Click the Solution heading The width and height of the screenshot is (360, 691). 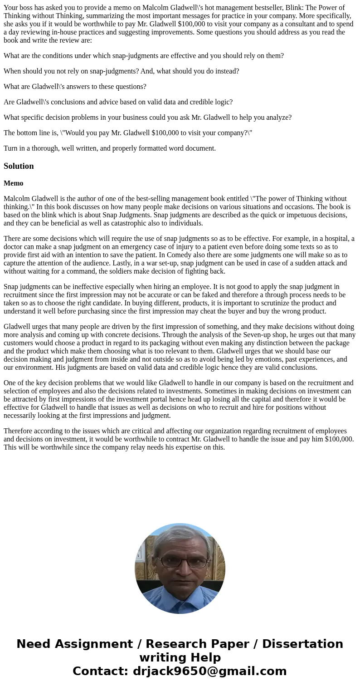coord(19,166)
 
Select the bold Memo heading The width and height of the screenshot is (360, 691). coord(14,183)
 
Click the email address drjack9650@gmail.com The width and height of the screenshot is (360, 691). coord(209,671)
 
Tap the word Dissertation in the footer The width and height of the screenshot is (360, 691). coord(302,644)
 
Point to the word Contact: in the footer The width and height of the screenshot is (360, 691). coord(100,671)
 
